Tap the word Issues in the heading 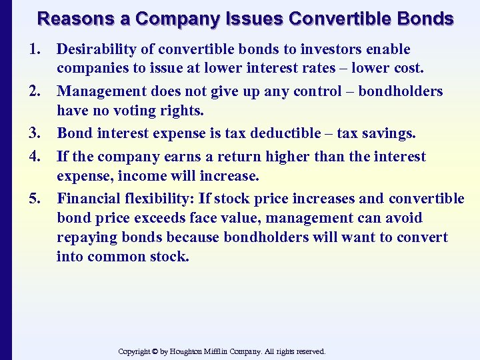pyautogui.click(x=254, y=19)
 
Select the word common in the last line pyautogui.click(x=115, y=256)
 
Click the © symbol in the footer pyautogui.click(x=154, y=351)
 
